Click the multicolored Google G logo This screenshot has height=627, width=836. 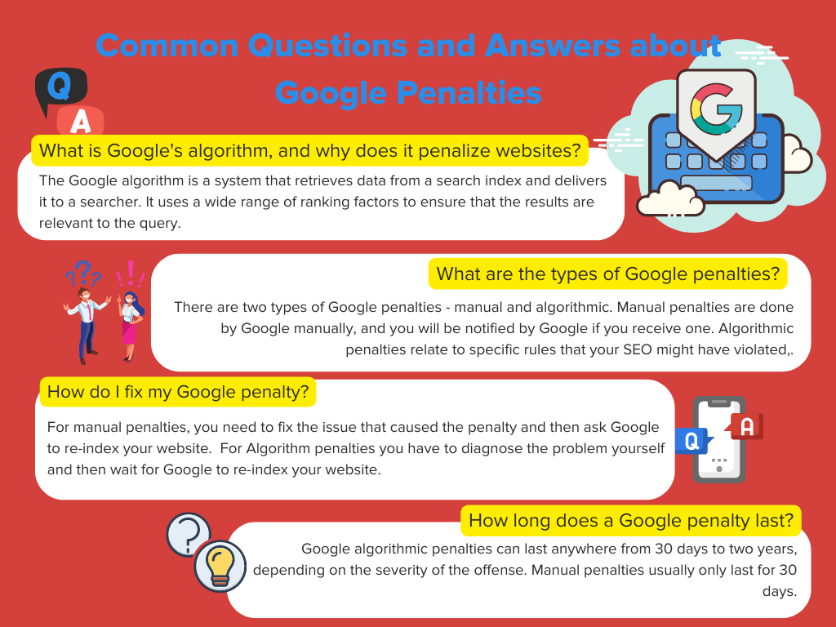715,109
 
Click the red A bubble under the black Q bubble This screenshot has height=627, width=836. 81,121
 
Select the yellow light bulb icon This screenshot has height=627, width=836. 220,567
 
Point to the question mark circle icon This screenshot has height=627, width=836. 189,534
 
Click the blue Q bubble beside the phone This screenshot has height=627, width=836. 693,441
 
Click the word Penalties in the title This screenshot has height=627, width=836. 469,92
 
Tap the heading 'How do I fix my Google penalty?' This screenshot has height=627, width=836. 178,392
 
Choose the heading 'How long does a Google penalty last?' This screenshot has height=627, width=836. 631,520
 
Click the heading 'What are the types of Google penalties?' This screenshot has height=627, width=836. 607,273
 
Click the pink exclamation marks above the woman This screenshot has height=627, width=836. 131,273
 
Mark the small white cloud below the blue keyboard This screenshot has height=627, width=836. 670,198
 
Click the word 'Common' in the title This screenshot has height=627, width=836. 167,46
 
